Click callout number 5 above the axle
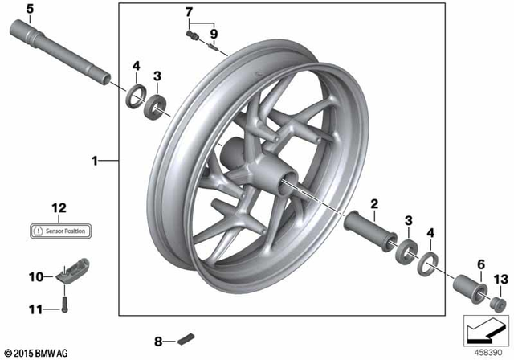coord(29,10)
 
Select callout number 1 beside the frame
coord(95,161)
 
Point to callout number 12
coord(58,208)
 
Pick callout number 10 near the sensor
coord(35,277)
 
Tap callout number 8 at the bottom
coord(157,341)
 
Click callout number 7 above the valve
coord(190,12)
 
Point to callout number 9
coord(214,34)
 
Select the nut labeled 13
coord(497,303)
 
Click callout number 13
coord(501,279)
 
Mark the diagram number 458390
coord(487,352)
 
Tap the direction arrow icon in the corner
coord(487,330)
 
